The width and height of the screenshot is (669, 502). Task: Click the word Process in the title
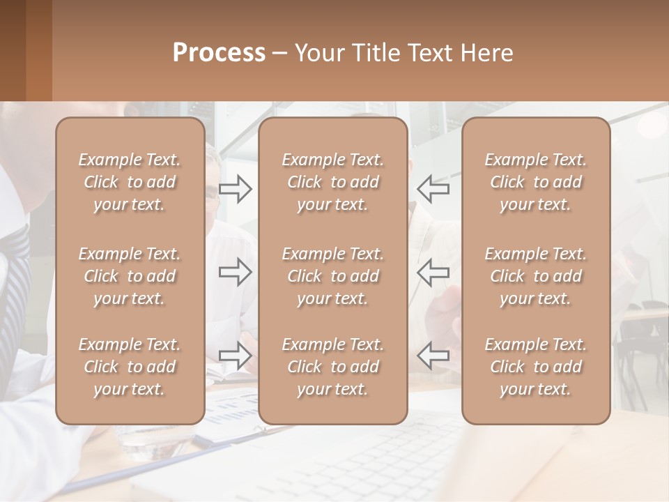click(x=219, y=53)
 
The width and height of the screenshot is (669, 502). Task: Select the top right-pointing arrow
click(x=236, y=189)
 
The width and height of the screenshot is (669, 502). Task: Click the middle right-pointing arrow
click(x=236, y=271)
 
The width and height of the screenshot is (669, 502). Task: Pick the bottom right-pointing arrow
click(x=236, y=355)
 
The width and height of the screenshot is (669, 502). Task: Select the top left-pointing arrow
click(x=433, y=188)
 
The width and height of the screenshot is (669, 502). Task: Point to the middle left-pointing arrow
click(x=433, y=271)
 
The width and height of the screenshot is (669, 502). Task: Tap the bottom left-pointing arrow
click(x=433, y=355)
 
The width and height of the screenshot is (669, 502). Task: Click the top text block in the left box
click(x=130, y=182)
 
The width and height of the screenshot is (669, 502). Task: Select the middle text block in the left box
click(x=130, y=276)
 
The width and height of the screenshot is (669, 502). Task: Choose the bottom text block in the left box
click(x=130, y=367)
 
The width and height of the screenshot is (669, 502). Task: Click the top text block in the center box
click(x=332, y=182)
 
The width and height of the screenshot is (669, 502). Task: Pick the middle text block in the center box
click(x=332, y=276)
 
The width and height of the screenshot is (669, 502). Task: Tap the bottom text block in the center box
click(x=332, y=367)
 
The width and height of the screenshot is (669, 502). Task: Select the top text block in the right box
click(x=535, y=182)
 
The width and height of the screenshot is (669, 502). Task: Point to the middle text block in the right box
click(x=535, y=276)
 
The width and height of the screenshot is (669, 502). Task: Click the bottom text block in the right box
click(x=535, y=367)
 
